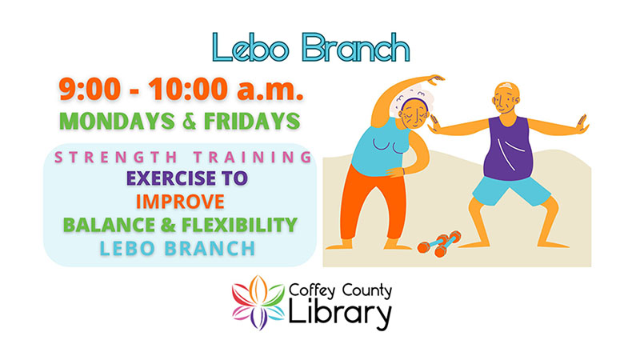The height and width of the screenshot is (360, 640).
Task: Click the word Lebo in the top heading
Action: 250,48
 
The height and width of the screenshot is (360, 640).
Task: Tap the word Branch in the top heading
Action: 355,48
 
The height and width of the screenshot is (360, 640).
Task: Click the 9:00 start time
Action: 90,89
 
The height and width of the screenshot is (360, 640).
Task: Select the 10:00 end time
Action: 188,89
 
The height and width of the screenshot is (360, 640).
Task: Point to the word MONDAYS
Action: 117,122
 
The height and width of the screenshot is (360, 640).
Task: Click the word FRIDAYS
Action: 252,122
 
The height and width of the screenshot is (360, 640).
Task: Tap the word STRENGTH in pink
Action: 116,157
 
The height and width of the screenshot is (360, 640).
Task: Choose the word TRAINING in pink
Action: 253,157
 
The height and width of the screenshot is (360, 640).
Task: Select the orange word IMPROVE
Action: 180,202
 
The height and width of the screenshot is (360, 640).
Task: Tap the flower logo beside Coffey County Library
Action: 258,302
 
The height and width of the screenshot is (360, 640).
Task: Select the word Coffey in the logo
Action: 312,291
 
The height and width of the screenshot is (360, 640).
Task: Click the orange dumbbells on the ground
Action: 439,244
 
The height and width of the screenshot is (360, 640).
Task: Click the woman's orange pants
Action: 370,202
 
